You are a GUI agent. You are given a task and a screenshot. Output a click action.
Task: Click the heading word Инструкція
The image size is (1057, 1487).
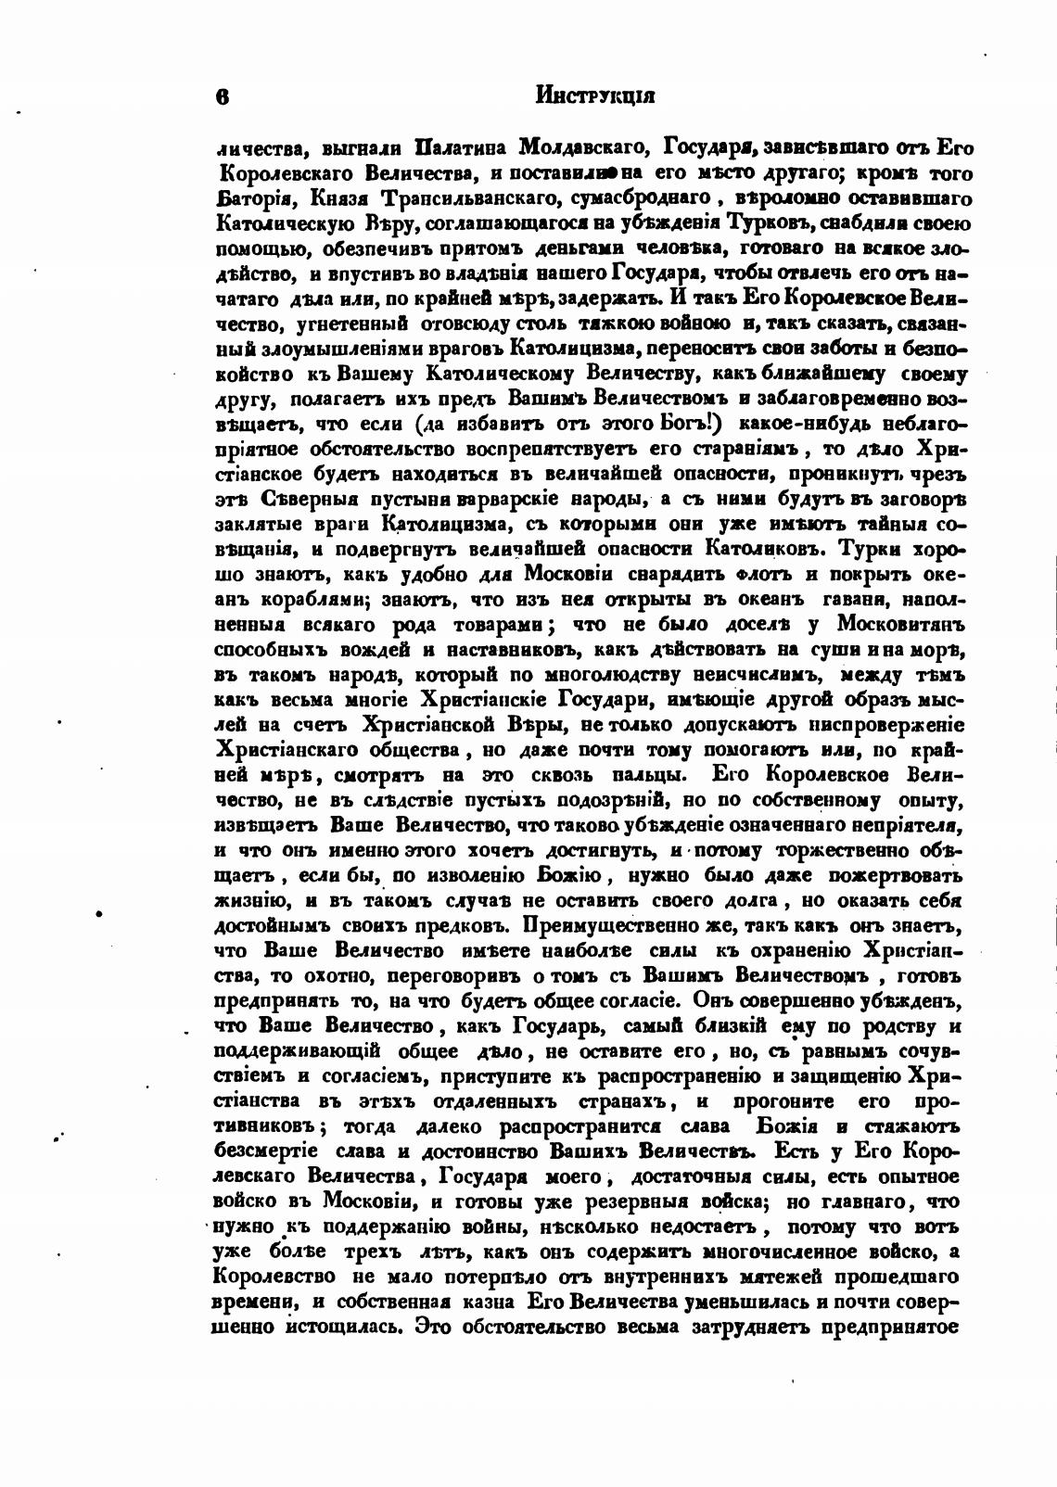pyautogui.click(x=596, y=95)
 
